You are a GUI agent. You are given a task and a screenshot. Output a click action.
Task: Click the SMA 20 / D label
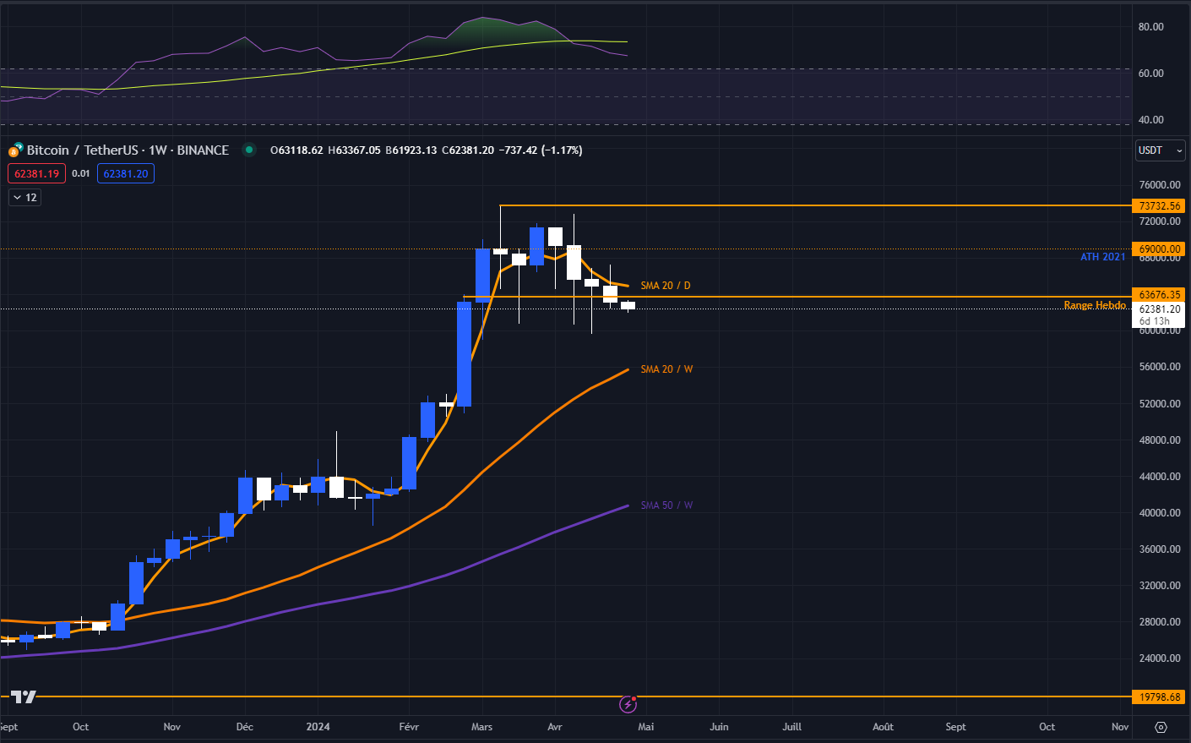coord(665,286)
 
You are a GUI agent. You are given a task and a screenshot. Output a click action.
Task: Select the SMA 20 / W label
coord(666,369)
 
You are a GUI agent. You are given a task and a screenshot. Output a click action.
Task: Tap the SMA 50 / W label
coord(666,505)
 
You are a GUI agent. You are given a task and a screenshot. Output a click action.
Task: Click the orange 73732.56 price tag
coord(1159,206)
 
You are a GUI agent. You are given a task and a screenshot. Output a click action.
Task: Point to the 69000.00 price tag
coord(1159,249)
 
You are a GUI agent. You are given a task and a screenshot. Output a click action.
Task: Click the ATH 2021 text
coord(1102,257)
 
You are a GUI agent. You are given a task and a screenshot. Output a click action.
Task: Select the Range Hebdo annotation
coord(1094,305)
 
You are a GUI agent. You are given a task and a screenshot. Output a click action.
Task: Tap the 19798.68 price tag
coord(1159,697)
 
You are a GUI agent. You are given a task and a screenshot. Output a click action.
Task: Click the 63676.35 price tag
coord(1159,295)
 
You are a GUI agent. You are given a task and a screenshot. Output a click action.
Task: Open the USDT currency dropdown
coord(1161,150)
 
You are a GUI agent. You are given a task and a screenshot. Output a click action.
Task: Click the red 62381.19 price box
coord(36,174)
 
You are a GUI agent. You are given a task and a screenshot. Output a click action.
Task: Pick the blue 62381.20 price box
coord(126,174)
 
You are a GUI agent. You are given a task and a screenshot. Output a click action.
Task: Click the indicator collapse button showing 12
coord(24,198)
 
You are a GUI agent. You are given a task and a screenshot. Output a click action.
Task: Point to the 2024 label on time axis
coord(318,727)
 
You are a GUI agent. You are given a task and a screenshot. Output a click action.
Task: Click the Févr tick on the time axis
coord(409,727)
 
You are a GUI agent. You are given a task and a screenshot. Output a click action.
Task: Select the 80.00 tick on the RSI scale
coord(1150,27)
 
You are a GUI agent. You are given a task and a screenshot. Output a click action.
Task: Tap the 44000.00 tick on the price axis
coord(1159,477)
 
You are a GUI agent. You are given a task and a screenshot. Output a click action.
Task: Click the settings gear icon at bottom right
coord(1161,727)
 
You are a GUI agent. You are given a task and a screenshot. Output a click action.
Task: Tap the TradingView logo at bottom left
coord(24,697)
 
